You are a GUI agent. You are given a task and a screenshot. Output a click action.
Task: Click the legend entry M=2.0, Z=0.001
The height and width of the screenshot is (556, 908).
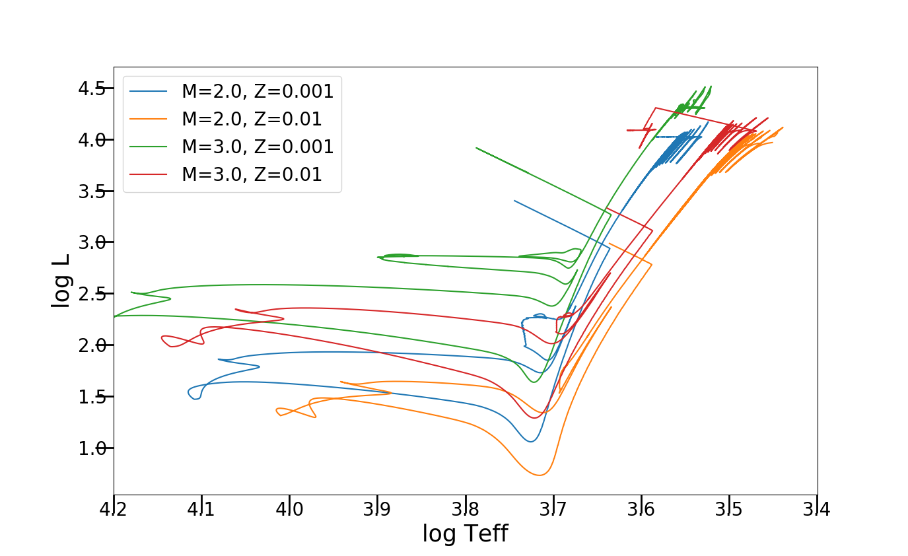tap(258, 91)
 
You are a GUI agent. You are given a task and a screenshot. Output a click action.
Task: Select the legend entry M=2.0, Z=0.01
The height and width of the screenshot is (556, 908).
tap(252, 119)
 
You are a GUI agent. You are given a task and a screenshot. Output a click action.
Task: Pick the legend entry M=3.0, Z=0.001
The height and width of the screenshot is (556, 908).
tap(258, 147)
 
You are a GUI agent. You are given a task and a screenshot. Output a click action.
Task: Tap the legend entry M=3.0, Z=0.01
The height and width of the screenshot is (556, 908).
tap(252, 174)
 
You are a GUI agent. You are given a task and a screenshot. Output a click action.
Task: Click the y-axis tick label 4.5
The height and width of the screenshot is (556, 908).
tap(92, 88)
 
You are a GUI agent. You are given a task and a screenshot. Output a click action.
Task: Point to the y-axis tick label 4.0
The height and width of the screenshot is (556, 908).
tap(92, 140)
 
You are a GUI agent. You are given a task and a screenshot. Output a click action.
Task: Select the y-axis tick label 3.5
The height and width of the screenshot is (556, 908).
tap(92, 191)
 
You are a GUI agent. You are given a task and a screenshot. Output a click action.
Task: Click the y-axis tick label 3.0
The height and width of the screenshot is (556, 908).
tap(92, 242)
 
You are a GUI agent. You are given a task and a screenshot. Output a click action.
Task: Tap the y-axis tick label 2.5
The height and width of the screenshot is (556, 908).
tap(92, 294)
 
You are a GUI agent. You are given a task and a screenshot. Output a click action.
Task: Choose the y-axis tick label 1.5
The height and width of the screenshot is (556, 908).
tap(92, 397)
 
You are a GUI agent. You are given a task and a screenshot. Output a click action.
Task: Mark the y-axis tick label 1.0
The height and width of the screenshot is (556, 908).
tap(92, 448)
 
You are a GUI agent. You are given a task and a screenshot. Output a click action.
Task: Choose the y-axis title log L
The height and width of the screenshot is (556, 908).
tap(61, 281)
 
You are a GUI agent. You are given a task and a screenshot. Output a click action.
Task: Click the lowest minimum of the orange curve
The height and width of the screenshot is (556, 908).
tap(540, 475)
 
